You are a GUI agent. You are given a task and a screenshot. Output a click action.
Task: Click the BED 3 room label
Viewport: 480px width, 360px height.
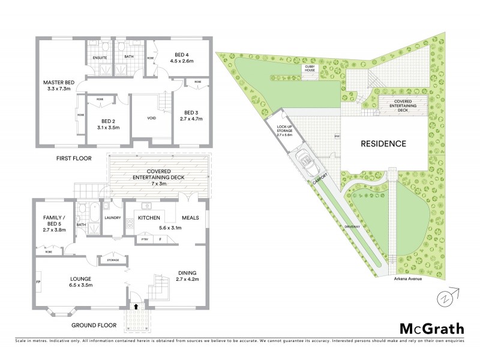(191, 112)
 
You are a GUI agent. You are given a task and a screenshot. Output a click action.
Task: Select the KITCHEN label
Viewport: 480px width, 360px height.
(148, 218)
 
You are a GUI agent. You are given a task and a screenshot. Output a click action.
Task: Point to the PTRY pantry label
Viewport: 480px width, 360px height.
(145, 239)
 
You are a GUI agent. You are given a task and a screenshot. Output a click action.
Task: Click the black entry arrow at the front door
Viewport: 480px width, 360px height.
(136, 306)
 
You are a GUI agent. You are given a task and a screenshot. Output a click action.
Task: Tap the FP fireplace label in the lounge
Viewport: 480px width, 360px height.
(38, 281)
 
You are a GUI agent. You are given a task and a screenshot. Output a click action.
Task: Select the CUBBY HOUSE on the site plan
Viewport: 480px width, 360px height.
(309, 70)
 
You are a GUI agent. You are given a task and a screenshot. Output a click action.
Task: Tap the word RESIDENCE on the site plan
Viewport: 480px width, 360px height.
(383, 144)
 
